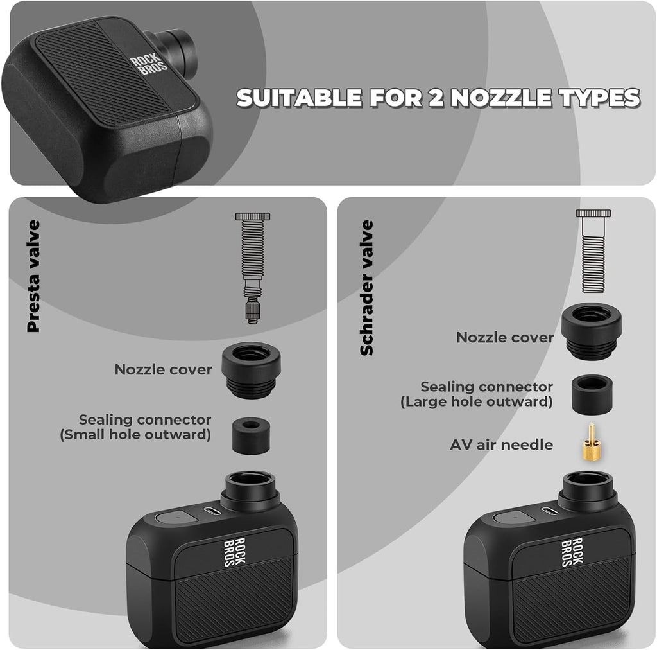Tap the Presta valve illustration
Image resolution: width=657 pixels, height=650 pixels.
tap(252, 268)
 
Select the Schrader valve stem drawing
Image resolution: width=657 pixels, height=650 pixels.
tap(593, 251)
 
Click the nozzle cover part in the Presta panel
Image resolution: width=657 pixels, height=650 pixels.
tap(251, 370)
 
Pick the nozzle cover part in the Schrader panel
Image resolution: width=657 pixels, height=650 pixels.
tap(591, 331)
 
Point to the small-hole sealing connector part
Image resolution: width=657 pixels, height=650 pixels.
tap(251, 435)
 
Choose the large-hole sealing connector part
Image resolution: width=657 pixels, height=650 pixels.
tap(592, 394)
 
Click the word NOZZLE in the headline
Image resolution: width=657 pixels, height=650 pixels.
tap(500, 98)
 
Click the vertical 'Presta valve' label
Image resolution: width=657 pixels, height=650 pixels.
tap(33, 276)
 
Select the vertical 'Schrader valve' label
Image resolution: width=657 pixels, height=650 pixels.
tap(366, 288)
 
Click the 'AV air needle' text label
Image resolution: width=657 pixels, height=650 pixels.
tap(501, 444)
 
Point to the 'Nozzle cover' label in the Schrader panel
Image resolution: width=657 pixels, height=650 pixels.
tap(504, 337)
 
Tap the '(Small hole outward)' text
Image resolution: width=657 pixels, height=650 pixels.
tap(135, 435)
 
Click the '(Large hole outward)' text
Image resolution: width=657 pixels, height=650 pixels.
tap(477, 401)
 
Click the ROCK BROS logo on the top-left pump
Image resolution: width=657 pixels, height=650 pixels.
tap(149, 64)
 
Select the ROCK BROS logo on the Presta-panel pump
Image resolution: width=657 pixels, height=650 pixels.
tap(235, 552)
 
